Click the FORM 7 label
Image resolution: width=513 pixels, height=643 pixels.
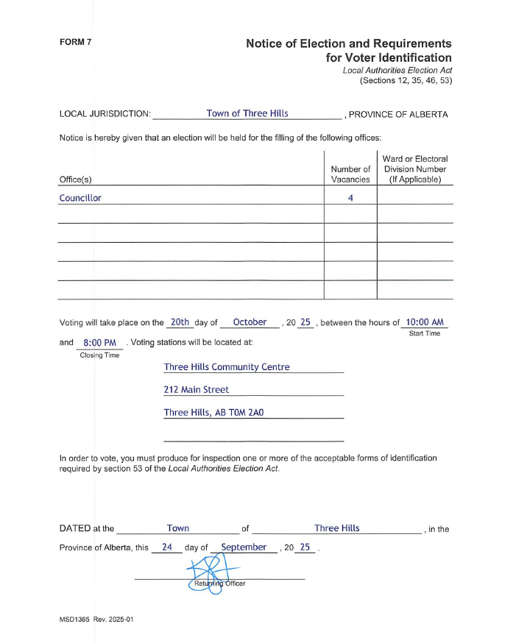[76, 42]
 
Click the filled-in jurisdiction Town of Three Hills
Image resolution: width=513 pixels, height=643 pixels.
[247, 113]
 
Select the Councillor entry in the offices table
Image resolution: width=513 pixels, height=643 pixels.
[80, 198]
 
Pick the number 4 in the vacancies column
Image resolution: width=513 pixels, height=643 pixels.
[351, 198]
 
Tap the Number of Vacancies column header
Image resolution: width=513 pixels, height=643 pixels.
[350, 174]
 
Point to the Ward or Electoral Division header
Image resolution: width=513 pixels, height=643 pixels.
[415, 168]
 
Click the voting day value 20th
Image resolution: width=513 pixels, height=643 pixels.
[180, 322]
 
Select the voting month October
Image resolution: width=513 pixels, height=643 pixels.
[250, 322]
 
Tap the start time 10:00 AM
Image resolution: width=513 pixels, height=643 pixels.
[425, 322]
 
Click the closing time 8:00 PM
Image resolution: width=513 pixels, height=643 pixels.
[100, 343]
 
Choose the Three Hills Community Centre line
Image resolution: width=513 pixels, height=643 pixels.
[227, 367]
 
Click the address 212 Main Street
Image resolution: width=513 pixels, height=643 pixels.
[197, 390]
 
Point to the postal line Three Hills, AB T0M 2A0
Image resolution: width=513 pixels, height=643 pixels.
[213, 413]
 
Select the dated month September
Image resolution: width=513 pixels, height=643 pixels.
[244, 547]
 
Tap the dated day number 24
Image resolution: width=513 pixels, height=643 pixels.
[167, 547]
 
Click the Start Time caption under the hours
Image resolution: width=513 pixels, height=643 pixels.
[424, 334]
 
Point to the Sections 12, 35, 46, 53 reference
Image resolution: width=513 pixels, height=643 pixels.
[406, 80]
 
